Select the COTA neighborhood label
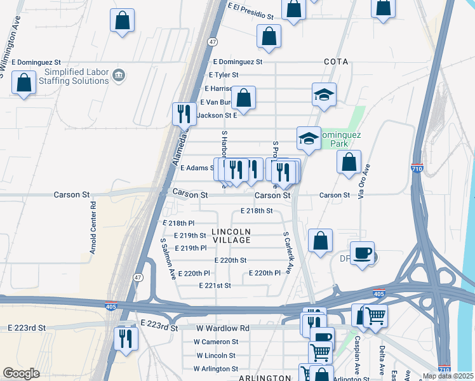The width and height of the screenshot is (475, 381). [336, 62]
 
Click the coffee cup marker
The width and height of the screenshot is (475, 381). [362, 253]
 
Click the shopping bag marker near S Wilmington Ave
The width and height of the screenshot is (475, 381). [24, 83]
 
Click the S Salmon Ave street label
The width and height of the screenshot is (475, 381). [168, 259]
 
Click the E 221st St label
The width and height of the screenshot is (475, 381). [215, 286]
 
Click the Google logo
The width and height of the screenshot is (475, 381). [21, 373]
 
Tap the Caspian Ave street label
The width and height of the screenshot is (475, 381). [358, 352]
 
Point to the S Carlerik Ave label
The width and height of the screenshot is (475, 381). [287, 252]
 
